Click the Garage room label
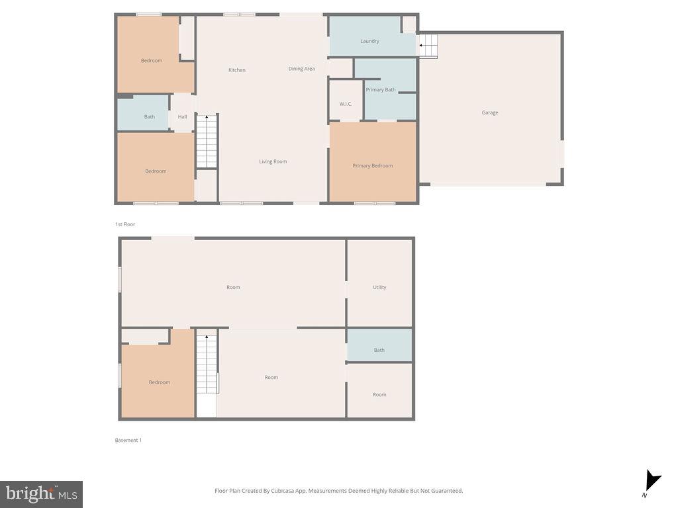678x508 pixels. pyautogui.click(x=490, y=112)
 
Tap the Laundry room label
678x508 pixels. pyautogui.click(x=369, y=41)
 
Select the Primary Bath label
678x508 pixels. pyautogui.click(x=381, y=90)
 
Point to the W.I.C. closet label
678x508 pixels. pyautogui.click(x=346, y=104)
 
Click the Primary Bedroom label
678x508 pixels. pyautogui.click(x=373, y=166)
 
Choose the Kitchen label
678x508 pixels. pyautogui.click(x=237, y=70)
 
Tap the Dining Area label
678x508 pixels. pyautogui.click(x=301, y=69)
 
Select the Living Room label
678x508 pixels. pyautogui.click(x=273, y=161)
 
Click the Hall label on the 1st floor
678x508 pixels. pyautogui.click(x=182, y=117)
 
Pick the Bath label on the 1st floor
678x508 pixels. pyautogui.click(x=150, y=117)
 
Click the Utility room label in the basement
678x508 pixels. pyautogui.click(x=379, y=287)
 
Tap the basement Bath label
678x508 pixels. pyautogui.click(x=379, y=350)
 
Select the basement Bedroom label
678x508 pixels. pyautogui.click(x=160, y=382)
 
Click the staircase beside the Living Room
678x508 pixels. pyautogui.click(x=207, y=142)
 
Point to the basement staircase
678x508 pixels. pyautogui.click(x=207, y=365)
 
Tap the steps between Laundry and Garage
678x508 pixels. pyautogui.click(x=428, y=46)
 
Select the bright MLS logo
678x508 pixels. pyautogui.click(x=41, y=493)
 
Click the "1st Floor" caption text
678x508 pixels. pyautogui.click(x=125, y=224)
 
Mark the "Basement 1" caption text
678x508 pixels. pyautogui.click(x=128, y=440)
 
